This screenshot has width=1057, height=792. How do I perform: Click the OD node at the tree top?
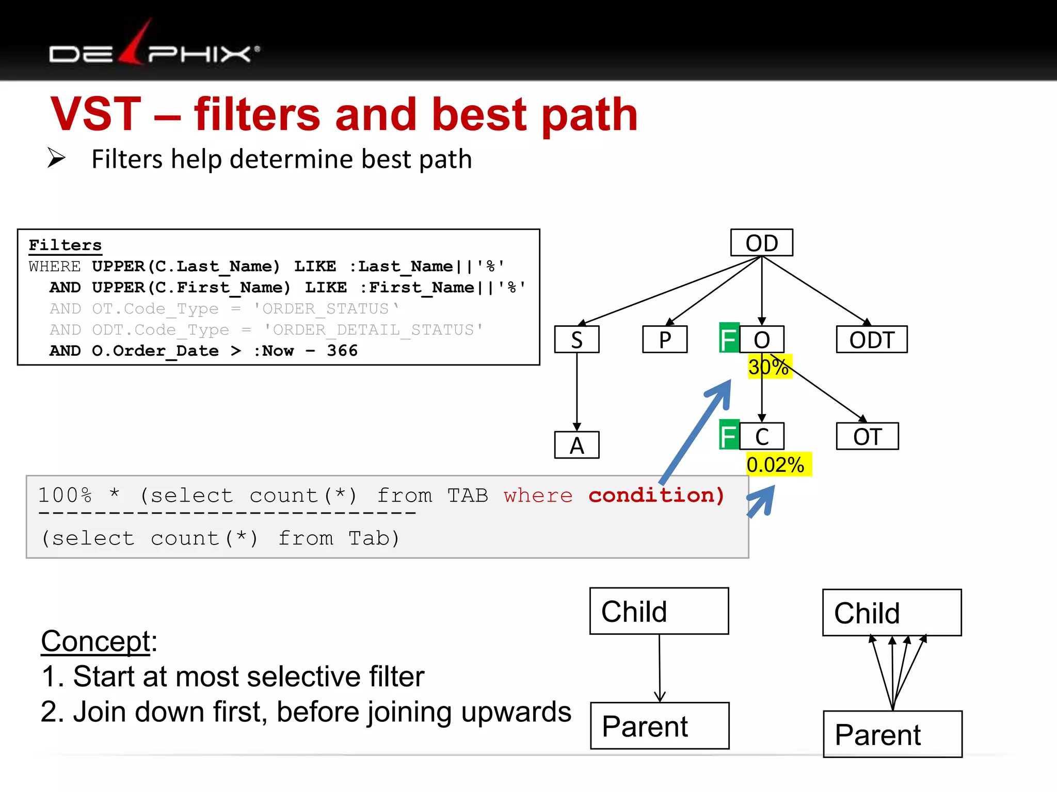click(x=761, y=243)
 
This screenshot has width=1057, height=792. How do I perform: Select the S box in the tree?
click(x=576, y=340)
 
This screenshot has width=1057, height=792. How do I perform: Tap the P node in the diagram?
click(x=665, y=340)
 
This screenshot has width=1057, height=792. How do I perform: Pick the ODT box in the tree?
click(x=871, y=340)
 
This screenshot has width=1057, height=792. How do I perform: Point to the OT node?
click(x=867, y=437)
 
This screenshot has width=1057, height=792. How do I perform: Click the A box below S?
click(x=576, y=445)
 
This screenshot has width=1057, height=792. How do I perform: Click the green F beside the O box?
click(x=729, y=339)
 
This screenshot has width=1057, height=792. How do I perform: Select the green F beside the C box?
click(x=729, y=436)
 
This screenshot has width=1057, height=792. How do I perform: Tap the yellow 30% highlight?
click(x=770, y=367)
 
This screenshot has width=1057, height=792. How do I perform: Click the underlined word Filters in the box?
click(x=65, y=245)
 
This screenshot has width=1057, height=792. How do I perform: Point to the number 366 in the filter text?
click(x=342, y=351)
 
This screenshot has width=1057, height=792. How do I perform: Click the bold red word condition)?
click(x=656, y=495)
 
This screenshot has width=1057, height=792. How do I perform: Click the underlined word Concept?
click(x=95, y=641)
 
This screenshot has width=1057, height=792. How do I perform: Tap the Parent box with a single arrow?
click(x=659, y=725)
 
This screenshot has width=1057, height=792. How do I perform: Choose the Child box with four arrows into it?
click(x=891, y=612)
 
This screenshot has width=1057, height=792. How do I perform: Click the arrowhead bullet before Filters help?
click(x=56, y=158)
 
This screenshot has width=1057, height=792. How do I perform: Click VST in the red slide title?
click(x=96, y=114)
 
